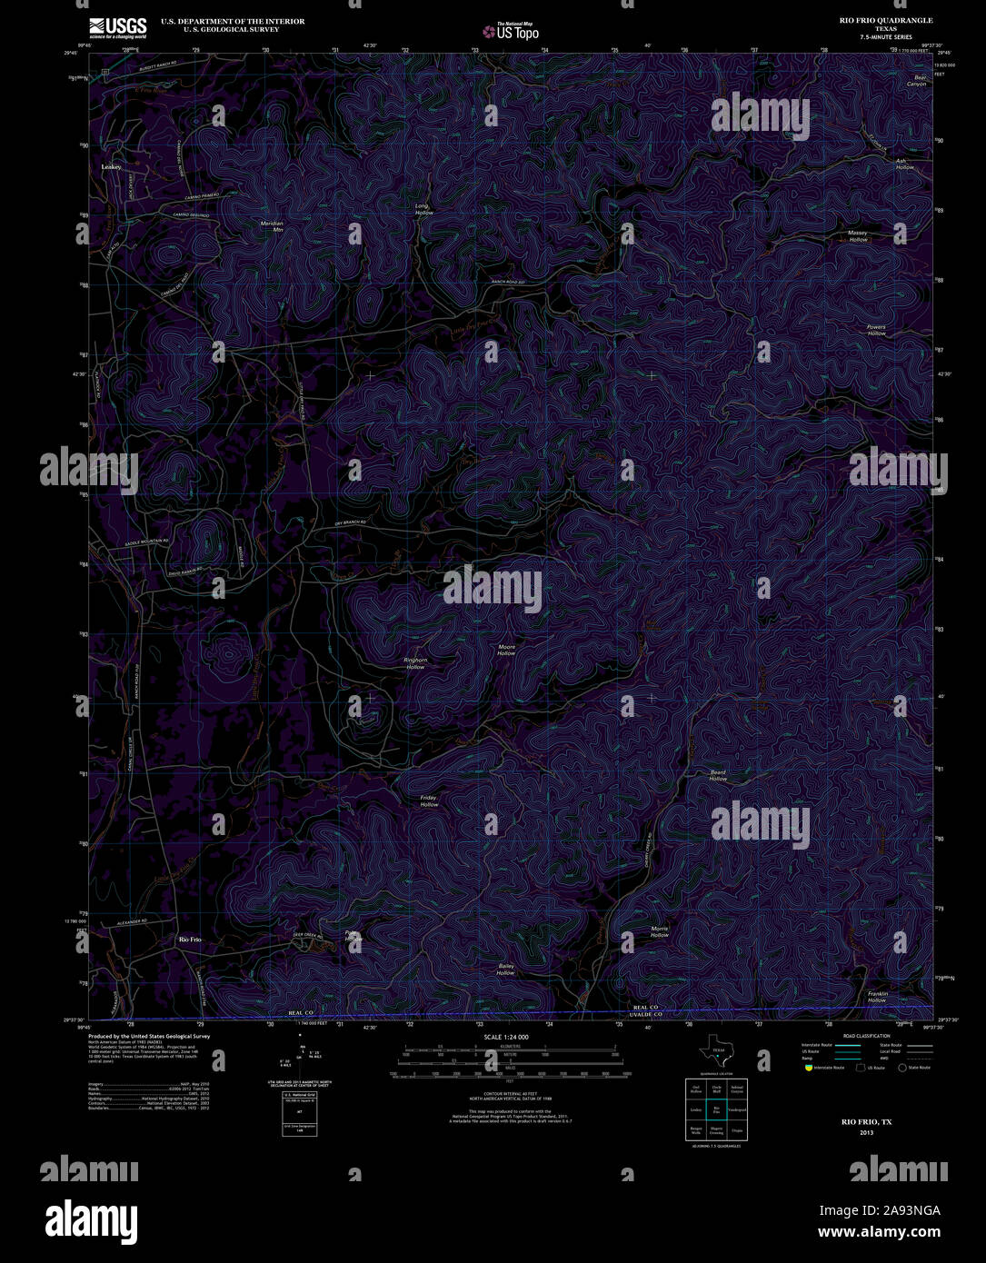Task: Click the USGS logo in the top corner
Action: click(118, 27)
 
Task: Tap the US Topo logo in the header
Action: click(511, 32)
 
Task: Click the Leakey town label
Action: click(112, 168)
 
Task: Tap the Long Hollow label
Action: click(423, 209)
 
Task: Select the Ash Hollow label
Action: click(905, 164)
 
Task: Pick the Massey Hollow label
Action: click(858, 235)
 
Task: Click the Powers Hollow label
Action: click(876, 330)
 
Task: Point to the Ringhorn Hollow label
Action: click(415, 663)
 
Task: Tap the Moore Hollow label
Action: click(506, 650)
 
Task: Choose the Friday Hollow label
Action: click(429, 801)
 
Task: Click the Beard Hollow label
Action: click(718, 776)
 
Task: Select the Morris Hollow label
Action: click(660, 931)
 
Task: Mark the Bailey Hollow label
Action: click(505, 970)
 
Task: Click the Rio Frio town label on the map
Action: click(190, 939)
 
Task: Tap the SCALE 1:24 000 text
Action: click(506, 1037)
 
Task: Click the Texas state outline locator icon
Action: click(716, 1050)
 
